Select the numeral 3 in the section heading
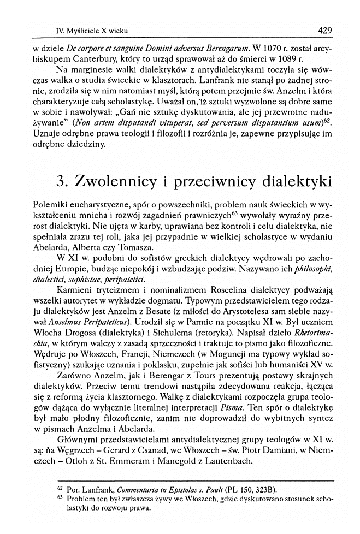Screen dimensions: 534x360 coord(62,181)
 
